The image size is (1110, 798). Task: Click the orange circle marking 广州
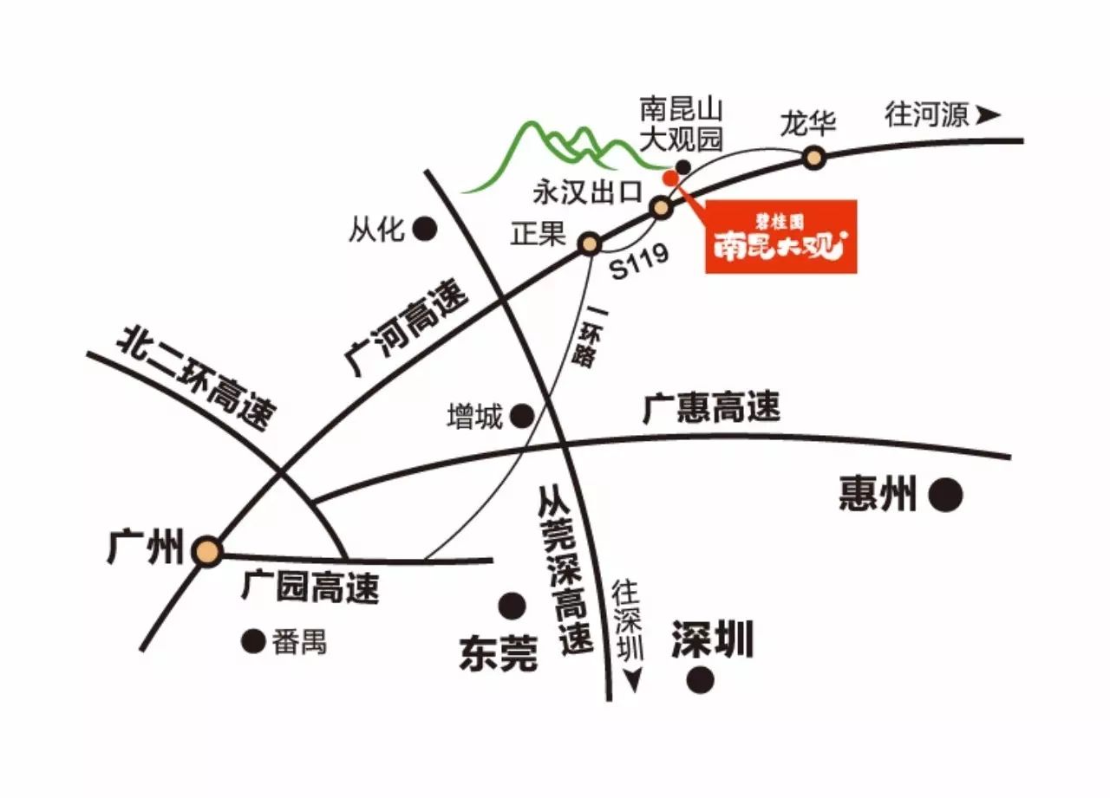(207, 551)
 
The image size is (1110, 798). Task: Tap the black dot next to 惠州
(945, 495)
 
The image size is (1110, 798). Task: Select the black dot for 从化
(425, 229)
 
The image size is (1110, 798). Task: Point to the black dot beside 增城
(522, 415)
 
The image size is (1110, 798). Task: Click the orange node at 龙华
(813, 158)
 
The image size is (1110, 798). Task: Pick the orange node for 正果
(590, 243)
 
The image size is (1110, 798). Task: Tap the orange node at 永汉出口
(662, 207)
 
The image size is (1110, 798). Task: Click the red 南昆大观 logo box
(781, 237)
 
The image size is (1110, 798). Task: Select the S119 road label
(639, 262)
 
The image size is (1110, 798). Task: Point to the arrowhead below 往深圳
(633, 681)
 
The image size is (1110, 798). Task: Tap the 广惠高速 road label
(711, 407)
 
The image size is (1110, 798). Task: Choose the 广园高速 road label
(310, 587)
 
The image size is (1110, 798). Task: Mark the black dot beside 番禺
(253, 641)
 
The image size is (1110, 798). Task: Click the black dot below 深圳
(700, 679)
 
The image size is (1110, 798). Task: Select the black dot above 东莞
(512, 606)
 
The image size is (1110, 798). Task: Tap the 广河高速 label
(405, 328)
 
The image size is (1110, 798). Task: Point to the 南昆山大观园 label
(681, 125)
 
